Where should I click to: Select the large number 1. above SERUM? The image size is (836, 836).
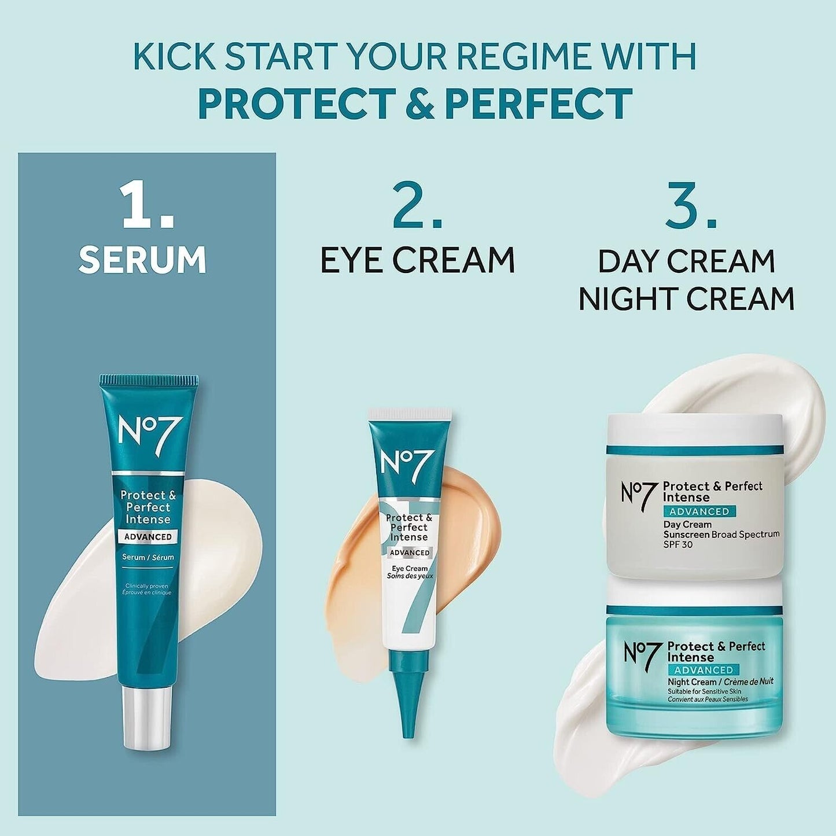pyautogui.click(x=148, y=206)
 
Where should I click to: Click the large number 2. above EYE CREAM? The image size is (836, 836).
pyautogui.click(x=417, y=206)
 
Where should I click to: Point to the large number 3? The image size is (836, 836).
pyautogui.click(x=691, y=206)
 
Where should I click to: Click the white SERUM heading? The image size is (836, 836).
pyautogui.click(x=142, y=260)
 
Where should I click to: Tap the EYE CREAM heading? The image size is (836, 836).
pyautogui.click(x=417, y=260)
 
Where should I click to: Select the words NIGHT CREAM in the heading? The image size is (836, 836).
pyautogui.click(x=686, y=299)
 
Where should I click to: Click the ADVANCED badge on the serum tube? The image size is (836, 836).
pyautogui.click(x=148, y=537)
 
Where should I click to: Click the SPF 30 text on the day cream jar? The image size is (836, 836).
pyautogui.click(x=677, y=544)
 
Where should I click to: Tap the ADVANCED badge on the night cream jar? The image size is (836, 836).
pyautogui.click(x=704, y=670)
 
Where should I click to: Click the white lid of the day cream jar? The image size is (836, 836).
pyautogui.click(x=694, y=430)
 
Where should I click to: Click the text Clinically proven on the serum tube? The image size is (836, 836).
pyautogui.click(x=146, y=586)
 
